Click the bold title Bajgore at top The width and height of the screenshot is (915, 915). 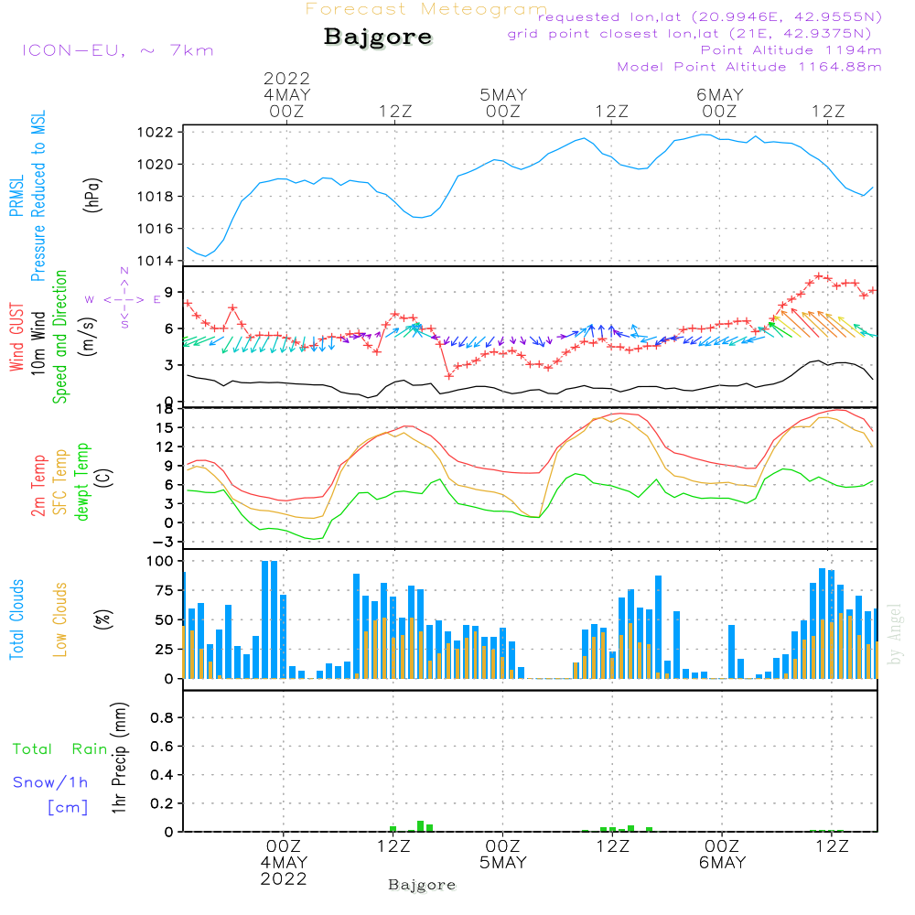[x=378, y=38]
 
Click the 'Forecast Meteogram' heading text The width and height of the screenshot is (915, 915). [x=426, y=10]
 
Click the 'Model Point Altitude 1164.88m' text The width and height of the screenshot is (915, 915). [x=749, y=67]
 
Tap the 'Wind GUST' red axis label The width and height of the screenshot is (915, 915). [x=17, y=338]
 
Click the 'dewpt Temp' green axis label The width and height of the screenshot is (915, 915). [x=82, y=482]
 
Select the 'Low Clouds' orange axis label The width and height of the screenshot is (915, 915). [x=61, y=619]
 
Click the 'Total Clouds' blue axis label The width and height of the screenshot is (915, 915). [x=17, y=619]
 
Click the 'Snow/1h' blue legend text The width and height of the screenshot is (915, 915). [x=50, y=782]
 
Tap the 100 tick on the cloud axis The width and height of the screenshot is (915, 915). [x=160, y=560]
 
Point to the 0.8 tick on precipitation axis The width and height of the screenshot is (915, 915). [x=162, y=717]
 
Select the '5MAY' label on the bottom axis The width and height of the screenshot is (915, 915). [x=502, y=863]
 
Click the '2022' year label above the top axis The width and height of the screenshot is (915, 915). [x=287, y=79]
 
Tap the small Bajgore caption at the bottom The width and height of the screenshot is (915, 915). [x=422, y=885]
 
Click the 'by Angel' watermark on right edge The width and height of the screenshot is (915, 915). [x=896, y=645]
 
